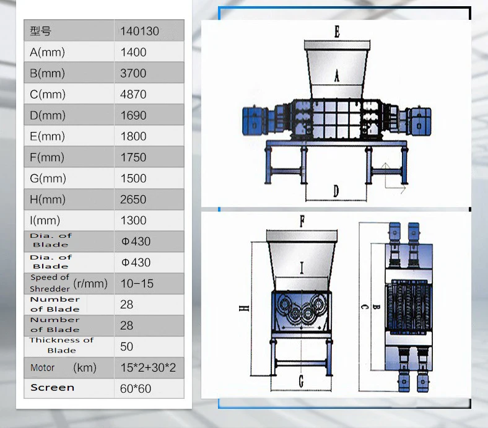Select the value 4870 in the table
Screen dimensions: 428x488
coord(133,95)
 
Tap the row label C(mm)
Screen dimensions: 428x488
coord(48,95)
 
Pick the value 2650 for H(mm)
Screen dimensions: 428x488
coord(133,199)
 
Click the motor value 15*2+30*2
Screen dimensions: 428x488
coord(148,368)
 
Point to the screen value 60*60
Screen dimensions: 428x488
coord(136,389)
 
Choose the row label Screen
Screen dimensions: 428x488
coord(53,388)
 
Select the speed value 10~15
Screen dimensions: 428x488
coord(137,284)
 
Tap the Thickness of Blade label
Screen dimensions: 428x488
coord(61,345)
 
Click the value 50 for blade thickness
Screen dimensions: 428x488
coord(126,347)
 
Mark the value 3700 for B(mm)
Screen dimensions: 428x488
coord(133,74)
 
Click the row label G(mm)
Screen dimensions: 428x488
coord(48,178)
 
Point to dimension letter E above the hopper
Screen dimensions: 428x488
coord(337,32)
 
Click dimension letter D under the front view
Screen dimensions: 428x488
coord(336,191)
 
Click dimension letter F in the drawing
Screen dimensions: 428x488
coord(302,222)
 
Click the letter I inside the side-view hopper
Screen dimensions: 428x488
coord(302,268)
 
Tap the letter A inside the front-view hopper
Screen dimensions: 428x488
coord(337,76)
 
